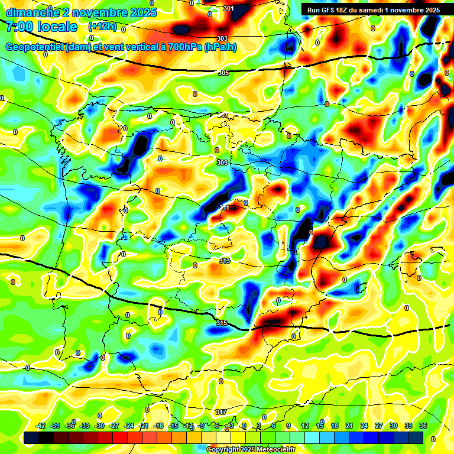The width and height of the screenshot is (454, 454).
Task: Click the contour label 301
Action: (x=229, y=8)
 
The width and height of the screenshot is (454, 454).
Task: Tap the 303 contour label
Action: (x=222, y=38)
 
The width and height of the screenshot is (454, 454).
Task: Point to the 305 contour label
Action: (x=223, y=73)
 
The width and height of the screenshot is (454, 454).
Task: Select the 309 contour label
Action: (x=222, y=163)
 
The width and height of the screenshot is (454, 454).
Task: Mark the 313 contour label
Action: (x=224, y=261)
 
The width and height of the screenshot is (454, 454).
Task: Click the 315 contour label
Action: (x=222, y=323)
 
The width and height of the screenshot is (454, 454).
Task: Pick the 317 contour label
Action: (x=221, y=412)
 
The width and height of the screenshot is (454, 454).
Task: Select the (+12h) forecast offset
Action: (x=102, y=27)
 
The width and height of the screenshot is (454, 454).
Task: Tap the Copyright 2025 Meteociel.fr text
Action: (x=251, y=449)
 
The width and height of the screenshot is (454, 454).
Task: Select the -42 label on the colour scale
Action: (x=41, y=426)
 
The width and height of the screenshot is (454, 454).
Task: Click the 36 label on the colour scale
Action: (x=423, y=426)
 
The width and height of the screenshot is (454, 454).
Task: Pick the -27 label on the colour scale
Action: (x=114, y=426)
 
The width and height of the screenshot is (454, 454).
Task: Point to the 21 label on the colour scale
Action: (x=349, y=426)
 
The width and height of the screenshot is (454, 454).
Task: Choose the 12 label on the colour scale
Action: (x=305, y=426)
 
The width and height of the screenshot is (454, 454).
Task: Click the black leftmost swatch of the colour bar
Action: (x=32, y=437)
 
